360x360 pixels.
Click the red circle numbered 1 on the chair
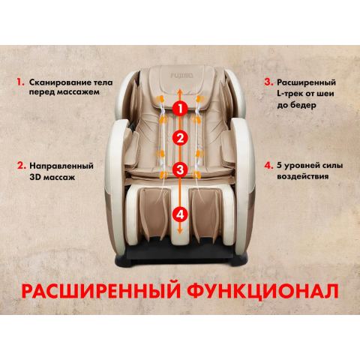(x=180, y=108)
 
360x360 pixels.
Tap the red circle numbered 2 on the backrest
(x=180, y=138)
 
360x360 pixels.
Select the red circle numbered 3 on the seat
(x=180, y=169)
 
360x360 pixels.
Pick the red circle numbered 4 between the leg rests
(x=180, y=214)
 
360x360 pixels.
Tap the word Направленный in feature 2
(x=61, y=166)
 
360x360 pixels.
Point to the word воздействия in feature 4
(x=302, y=176)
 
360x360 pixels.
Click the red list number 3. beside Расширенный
(x=268, y=82)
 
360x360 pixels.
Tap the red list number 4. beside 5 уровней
(x=268, y=166)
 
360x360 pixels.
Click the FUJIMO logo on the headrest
(x=181, y=75)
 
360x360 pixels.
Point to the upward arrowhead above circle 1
(x=179, y=91)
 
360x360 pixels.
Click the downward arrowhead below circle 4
(x=179, y=231)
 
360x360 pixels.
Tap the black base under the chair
(x=181, y=254)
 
